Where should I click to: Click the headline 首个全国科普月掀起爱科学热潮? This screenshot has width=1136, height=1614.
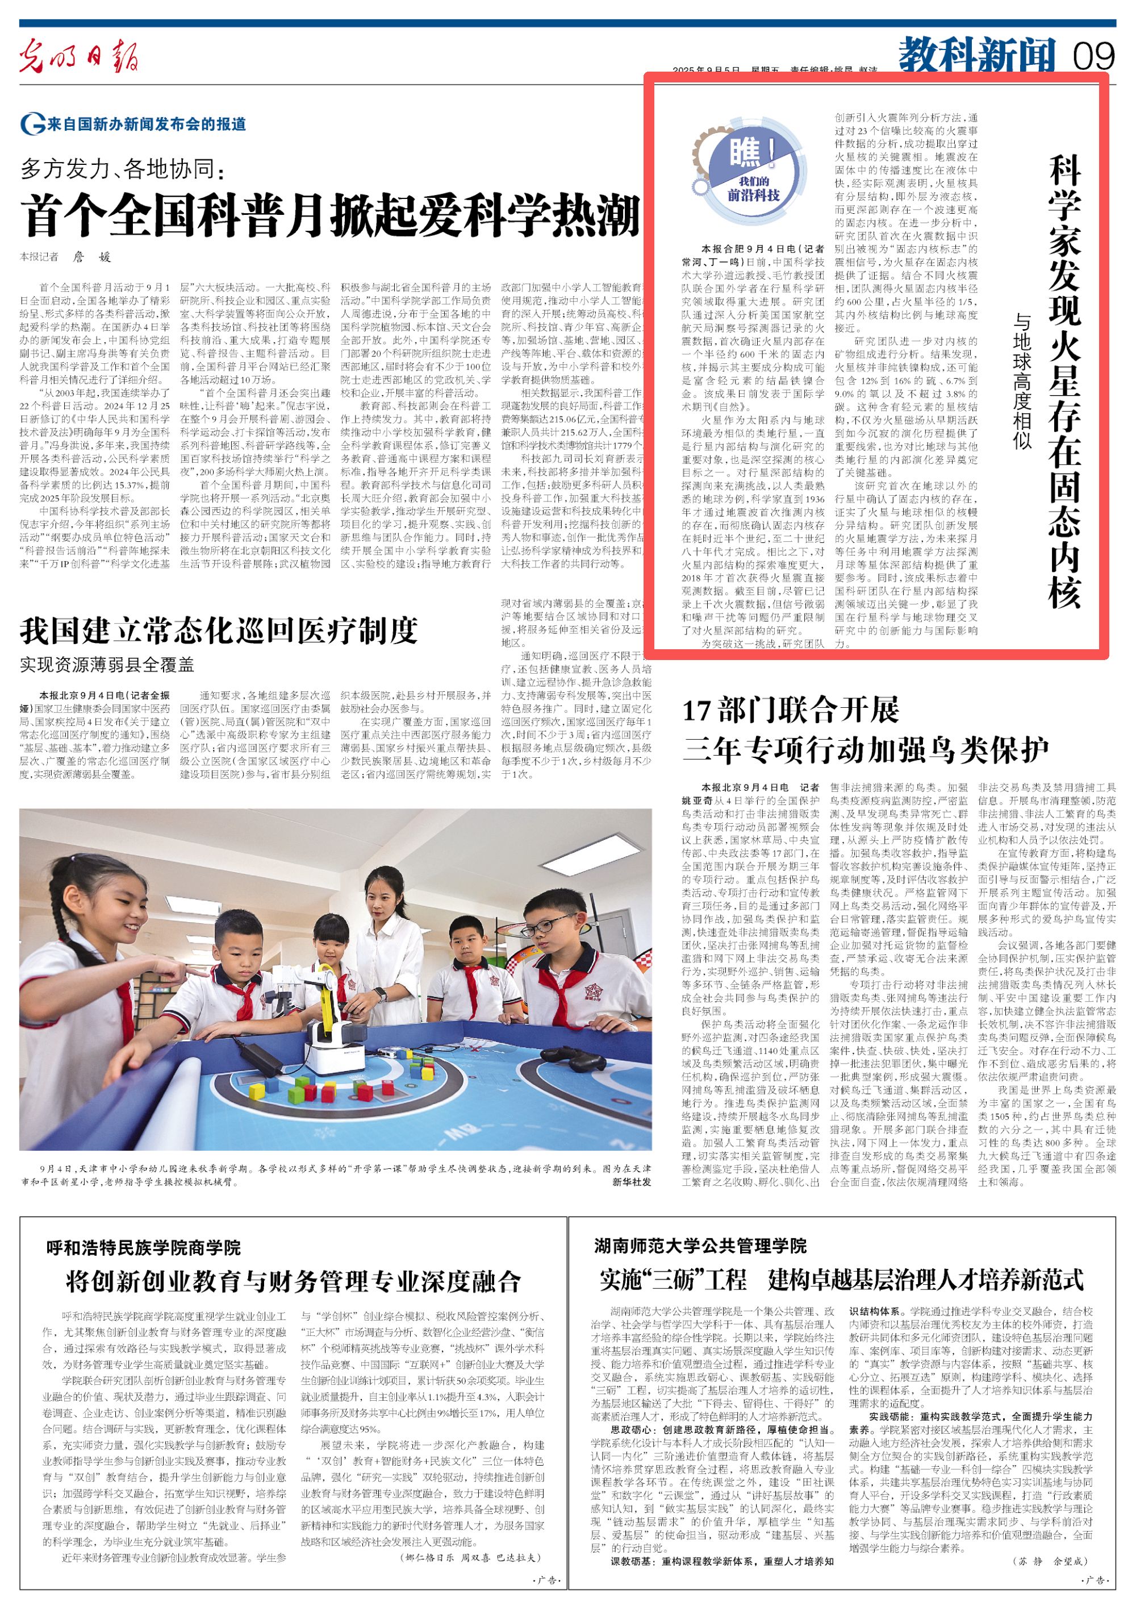(330, 215)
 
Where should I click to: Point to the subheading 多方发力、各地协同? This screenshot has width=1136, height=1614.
(122, 169)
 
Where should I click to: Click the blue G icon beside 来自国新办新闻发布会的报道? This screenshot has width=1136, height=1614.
(32, 125)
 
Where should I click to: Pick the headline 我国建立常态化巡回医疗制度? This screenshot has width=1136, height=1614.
(219, 630)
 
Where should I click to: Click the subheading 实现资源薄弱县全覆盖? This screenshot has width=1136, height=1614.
(107, 664)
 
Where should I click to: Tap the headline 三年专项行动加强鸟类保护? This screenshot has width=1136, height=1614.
(866, 749)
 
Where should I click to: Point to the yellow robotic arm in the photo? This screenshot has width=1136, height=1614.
(329, 997)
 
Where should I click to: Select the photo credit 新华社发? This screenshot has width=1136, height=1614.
(632, 1182)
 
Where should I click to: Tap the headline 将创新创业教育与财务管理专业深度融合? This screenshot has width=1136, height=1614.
(293, 1281)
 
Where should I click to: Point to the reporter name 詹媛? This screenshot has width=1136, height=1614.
(92, 258)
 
